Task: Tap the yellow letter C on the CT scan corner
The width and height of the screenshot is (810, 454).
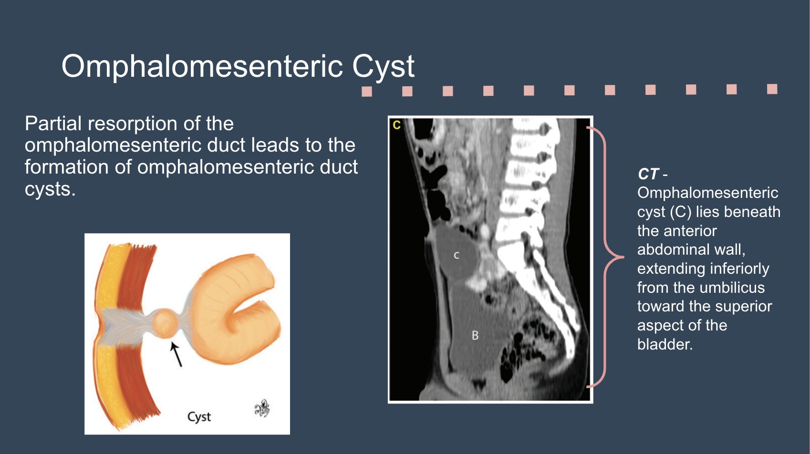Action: click(x=396, y=125)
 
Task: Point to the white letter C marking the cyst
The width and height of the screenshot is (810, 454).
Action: click(x=457, y=256)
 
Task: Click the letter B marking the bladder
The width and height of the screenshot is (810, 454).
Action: click(x=475, y=335)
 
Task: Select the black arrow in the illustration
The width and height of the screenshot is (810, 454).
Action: click(x=176, y=354)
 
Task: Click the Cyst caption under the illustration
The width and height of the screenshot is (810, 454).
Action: click(x=199, y=417)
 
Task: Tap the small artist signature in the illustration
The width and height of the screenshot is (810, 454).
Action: click(x=262, y=409)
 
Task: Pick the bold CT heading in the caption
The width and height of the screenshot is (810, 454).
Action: click(x=648, y=174)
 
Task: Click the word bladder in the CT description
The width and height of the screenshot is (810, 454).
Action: click(x=664, y=344)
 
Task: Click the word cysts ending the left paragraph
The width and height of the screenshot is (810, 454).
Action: click(x=50, y=189)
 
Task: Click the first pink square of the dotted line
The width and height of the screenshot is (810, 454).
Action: click(x=367, y=91)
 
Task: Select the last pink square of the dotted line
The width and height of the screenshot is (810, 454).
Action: click(x=772, y=89)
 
